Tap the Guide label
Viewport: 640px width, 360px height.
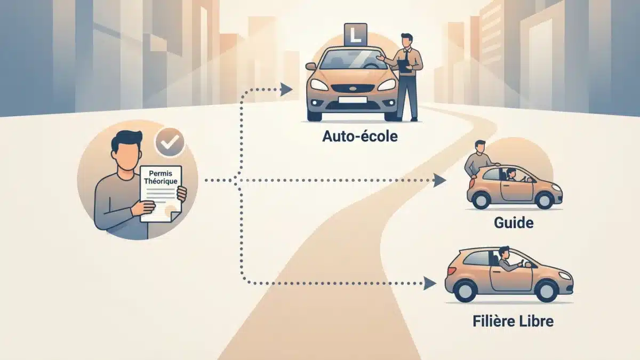click(x=514, y=222)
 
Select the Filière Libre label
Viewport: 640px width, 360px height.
click(x=513, y=322)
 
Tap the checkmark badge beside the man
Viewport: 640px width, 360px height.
click(x=170, y=141)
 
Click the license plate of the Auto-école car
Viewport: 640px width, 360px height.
click(x=352, y=100)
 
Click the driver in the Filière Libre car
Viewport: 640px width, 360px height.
click(x=505, y=261)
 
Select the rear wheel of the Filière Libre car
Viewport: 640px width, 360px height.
click(x=466, y=290)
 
